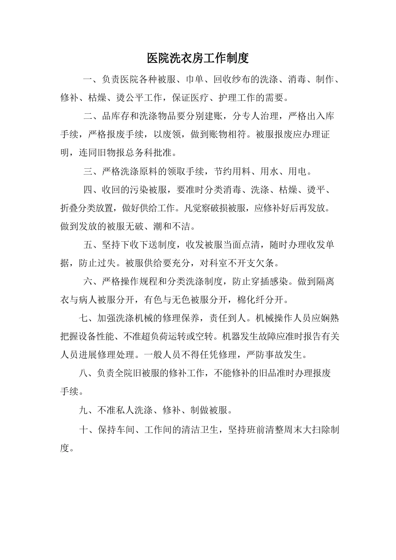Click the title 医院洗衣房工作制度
(198, 58)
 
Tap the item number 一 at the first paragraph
(88, 80)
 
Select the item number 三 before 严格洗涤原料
(88, 171)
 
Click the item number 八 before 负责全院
(83, 373)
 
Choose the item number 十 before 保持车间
(83, 430)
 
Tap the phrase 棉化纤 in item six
(251, 300)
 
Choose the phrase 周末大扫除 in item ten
(302, 430)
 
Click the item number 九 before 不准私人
(83, 410)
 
